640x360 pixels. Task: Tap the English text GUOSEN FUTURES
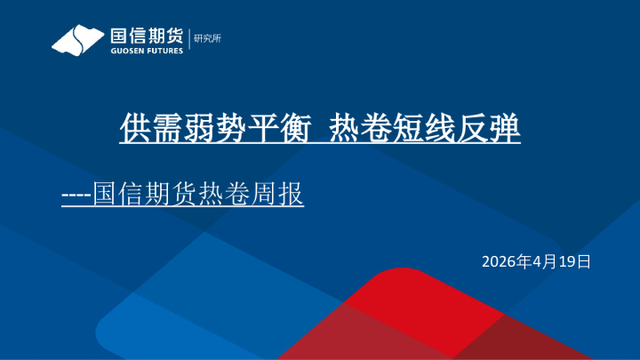pos(146,51)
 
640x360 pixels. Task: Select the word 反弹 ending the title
pos(492,130)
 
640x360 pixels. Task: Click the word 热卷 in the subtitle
pos(219,193)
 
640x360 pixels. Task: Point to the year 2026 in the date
pos(499,261)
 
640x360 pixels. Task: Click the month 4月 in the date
pos(544,261)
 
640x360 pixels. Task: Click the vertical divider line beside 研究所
pos(190,40)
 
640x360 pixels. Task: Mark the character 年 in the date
pos(524,261)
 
